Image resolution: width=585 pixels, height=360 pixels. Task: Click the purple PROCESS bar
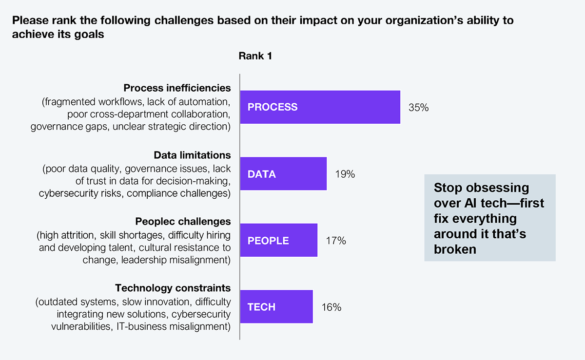320,107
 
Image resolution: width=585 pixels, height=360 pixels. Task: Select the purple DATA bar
283,173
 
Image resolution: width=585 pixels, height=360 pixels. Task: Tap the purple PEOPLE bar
278,240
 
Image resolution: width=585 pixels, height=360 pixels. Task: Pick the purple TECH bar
276,307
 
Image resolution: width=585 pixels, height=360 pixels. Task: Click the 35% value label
418,108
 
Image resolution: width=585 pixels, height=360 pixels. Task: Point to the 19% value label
345,174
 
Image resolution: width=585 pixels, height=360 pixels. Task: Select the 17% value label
336,241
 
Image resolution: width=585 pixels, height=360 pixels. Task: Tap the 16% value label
331,307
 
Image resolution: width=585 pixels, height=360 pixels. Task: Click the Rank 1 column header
255,56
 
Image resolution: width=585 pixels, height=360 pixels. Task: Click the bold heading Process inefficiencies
177,88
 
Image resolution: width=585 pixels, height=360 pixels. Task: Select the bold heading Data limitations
192,155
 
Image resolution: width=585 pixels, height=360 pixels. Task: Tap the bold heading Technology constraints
173,288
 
